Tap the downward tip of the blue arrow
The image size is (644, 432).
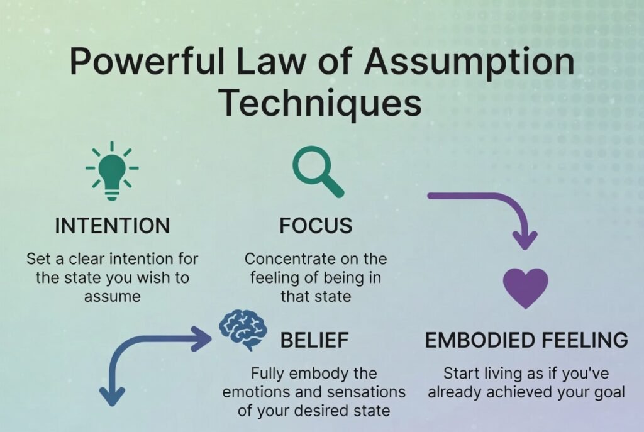coord(113,397)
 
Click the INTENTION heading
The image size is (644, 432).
coord(112,226)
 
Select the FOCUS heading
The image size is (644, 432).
coord(316,226)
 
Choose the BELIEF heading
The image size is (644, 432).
coord(314,340)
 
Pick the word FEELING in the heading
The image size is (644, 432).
coord(585,340)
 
